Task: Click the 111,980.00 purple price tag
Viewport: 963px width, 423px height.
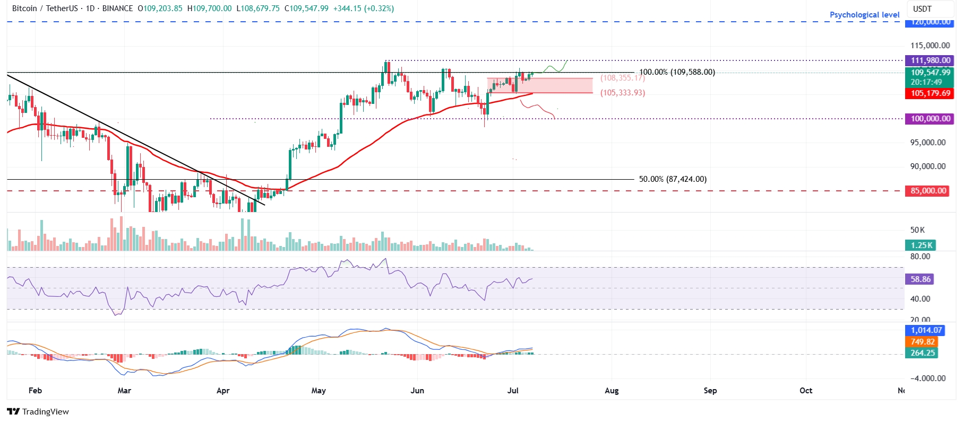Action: (930, 60)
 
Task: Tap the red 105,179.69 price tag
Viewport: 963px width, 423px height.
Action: (930, 93)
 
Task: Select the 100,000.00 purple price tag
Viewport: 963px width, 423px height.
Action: (930, 119)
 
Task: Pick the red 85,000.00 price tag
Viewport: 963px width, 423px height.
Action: (928, 191)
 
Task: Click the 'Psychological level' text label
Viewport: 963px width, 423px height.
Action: (864, 15)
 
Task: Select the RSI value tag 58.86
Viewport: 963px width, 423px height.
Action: (920, 279)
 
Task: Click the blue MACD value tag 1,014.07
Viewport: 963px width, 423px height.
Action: (926, 330)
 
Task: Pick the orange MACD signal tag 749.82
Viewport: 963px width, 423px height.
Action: (922, 342)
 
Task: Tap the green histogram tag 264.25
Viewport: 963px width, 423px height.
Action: (922, 353)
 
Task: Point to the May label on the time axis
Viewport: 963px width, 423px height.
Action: (319, 391)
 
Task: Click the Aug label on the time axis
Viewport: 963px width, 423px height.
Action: (612, 391)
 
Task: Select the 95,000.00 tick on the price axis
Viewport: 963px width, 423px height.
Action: (927, 143)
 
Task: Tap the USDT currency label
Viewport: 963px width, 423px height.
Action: (922, 8)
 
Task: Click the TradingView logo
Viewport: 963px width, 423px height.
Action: (38, 412)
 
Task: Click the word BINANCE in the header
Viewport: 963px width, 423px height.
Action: (117, 8)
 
